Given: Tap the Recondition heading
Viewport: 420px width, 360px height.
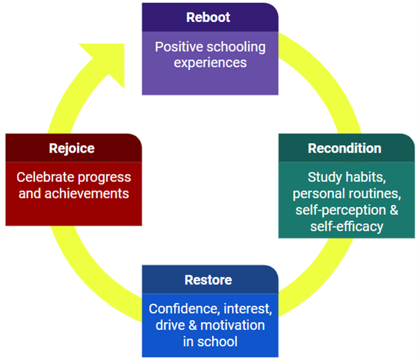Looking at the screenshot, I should pos(344,148).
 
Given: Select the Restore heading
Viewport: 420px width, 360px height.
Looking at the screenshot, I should pos(208,280).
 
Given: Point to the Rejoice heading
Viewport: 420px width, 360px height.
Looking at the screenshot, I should pos(71,148).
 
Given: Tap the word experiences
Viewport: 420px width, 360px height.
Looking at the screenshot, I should pos(210,63).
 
